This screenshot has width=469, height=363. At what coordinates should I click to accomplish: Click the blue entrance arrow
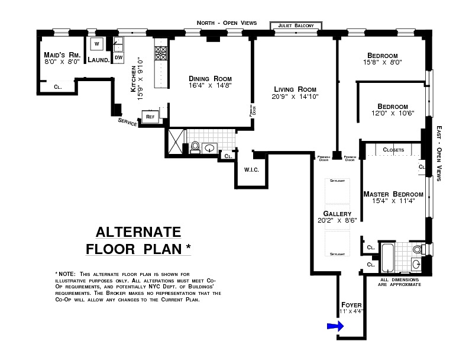coord(335,326)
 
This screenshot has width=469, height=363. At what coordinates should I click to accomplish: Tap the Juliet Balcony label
coord(296,25)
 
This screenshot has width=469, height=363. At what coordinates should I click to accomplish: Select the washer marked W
coord(96,43)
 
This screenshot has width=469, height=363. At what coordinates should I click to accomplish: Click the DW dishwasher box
coord(118,57)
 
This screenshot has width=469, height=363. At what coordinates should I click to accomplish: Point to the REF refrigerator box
coord(150,117)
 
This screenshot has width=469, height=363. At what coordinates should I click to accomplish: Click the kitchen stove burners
coord(161,54)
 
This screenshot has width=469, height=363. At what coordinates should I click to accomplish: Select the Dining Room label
coord(210,78)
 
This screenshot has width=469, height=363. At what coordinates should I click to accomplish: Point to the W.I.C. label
coord(251,170)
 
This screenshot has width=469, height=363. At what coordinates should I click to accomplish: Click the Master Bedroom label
coord(393,194)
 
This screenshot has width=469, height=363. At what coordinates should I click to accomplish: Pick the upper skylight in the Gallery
coord(337,191)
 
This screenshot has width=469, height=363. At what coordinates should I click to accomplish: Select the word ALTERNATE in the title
coord(138,232)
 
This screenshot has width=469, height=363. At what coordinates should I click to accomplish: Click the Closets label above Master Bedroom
coord(394,150)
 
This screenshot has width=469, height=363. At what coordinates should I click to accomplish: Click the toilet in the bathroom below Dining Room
coord(195,146)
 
